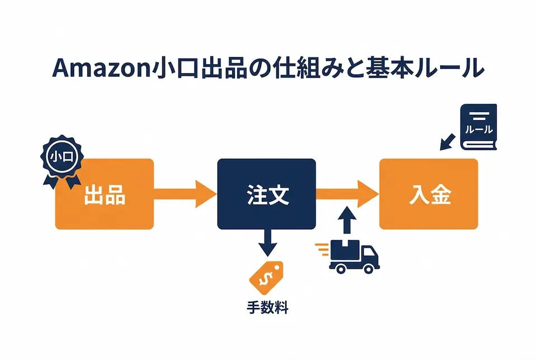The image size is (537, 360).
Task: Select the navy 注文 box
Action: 266,194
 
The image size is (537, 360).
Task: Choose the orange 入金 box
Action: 428,194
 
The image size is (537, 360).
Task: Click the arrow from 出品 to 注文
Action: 185,194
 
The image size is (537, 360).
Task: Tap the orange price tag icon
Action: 266,276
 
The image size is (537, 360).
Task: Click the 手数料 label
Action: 267,307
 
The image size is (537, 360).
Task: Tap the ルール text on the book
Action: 479,130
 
